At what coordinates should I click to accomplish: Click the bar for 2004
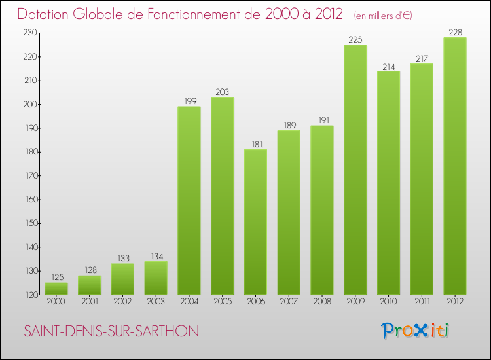189,200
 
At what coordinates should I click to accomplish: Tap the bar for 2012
455,166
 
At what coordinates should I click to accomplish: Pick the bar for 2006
255,222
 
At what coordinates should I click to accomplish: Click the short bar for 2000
56,289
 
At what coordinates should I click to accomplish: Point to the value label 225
355,40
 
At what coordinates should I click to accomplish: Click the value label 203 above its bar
223,92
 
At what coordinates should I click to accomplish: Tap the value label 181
255,145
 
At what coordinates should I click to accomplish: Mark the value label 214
388,66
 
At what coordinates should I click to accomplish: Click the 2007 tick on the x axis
289,302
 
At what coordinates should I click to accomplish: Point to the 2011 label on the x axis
422,302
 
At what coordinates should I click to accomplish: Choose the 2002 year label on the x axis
122,302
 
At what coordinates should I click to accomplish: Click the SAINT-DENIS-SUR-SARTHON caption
111,331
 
